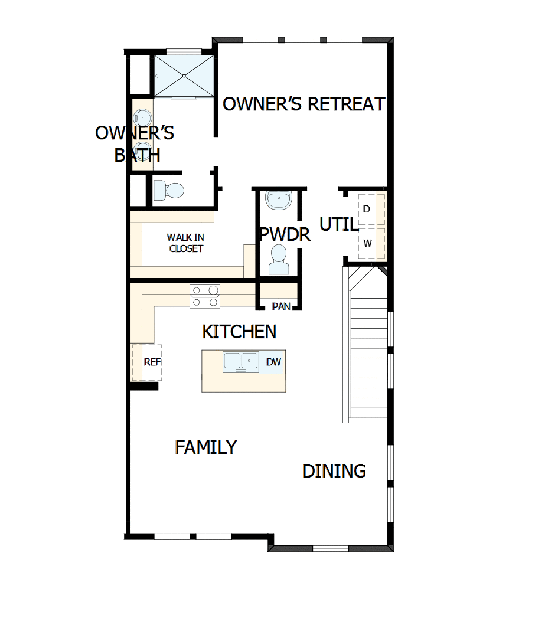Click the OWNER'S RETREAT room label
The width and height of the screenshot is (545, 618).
(303, 104)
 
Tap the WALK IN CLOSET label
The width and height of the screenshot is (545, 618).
(185, 243)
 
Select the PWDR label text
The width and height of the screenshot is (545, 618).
(285, 234)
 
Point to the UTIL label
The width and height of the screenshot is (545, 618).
(338, 225)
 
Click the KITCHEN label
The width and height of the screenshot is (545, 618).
(239, 332)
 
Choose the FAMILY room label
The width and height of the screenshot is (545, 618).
(205, 447)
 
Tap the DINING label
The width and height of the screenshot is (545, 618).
(334, 471)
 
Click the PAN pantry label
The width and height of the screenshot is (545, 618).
(281, 306)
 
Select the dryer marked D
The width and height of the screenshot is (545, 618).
(367, 210)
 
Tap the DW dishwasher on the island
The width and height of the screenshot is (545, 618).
(274, 362)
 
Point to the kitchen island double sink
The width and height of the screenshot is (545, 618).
(240, 362)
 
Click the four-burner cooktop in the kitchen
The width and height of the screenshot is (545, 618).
(204, 296)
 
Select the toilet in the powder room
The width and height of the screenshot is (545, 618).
(279, 260)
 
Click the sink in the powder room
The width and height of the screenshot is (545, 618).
(278, 200)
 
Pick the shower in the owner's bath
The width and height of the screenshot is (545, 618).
(184, 76)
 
